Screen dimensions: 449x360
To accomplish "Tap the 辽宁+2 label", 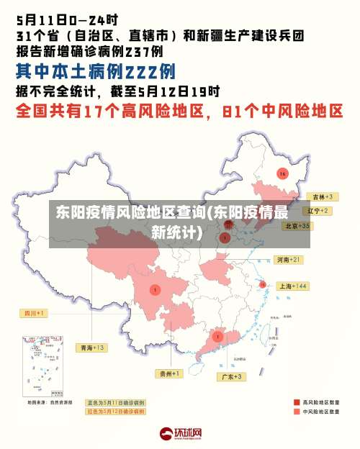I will point(318,211).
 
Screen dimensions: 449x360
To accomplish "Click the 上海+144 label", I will point(292,286).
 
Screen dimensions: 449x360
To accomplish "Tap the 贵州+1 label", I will point(170,373).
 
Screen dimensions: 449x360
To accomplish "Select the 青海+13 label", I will point(91,348).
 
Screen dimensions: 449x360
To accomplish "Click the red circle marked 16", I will point(282,174).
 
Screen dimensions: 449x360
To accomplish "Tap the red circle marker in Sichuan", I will point(155,289).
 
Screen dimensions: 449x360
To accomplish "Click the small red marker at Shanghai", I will point(263,284).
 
